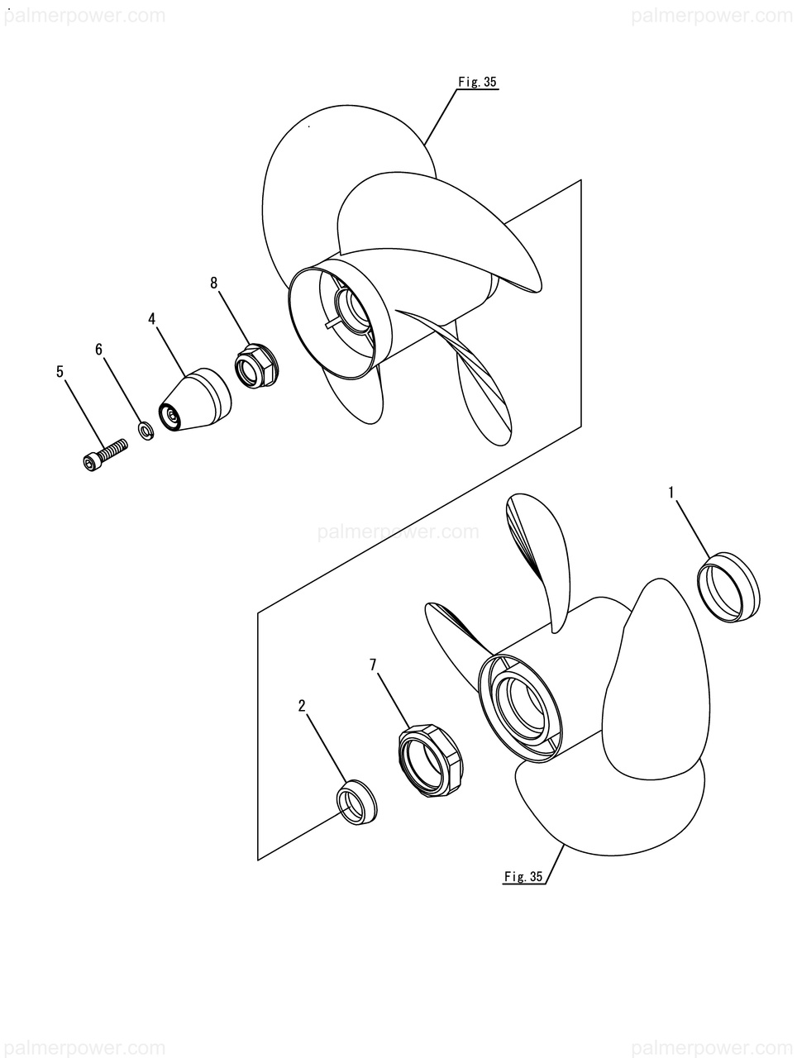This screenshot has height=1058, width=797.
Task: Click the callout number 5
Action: point(60,372)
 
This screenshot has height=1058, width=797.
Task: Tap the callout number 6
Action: point(99,349)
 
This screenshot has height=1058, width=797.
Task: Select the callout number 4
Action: point(152,319)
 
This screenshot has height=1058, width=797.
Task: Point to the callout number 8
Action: point(214,283)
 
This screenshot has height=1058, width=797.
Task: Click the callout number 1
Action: point(671,493)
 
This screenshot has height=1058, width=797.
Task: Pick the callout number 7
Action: point(373,665)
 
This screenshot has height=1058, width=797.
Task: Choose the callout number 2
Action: point(302,707)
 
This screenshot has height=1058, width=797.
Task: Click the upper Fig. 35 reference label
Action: point(477,83)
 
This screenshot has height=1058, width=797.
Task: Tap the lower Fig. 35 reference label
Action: point(523,876)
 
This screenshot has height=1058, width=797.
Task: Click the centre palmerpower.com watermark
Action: point(398,531)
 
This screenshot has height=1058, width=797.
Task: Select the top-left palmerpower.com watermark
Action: point(84,16)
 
